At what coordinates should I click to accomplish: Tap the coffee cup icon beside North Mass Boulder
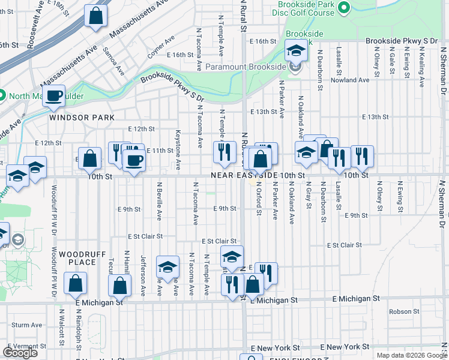[x=54, y=96]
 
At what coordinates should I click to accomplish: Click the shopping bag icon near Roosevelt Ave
[x=95, y=16]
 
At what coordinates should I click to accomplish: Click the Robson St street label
[x=404, y=311]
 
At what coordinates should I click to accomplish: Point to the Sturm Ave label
[x=26, y=325]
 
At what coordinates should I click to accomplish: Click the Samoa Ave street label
[x=113, y=61]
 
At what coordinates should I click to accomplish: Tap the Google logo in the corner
[x=20, y=353]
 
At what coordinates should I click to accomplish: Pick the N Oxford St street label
[x=259, y=198]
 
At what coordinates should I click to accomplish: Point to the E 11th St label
[x=159, y=150]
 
